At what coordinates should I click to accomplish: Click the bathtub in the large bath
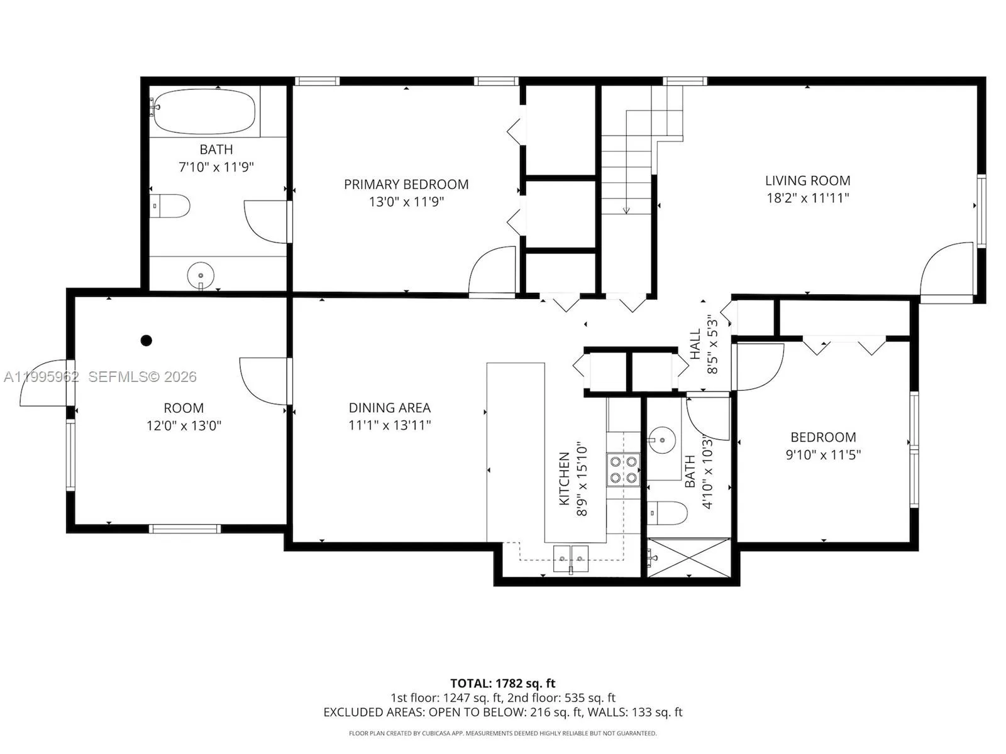[x=204, y=111]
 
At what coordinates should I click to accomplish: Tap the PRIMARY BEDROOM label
[x=406, y=184]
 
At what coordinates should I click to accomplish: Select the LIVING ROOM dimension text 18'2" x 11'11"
[x=807, y=198]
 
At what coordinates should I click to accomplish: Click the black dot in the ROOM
[x=146, y=341]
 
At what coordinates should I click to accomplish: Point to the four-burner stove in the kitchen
[x=623, y=469]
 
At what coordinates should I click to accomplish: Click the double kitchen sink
[x=571, y=559]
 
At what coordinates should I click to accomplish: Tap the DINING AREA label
[x=389, y=408]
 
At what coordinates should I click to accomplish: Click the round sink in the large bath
[x=201, y=275]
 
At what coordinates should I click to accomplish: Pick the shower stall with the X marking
[x=689, y=557]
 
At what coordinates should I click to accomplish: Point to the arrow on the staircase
[x=626, y=209]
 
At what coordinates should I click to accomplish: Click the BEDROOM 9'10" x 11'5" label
[x=822, y=437]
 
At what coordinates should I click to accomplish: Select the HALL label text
[x=695, y=344]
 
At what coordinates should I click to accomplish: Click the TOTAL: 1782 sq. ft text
[x=502, y=683]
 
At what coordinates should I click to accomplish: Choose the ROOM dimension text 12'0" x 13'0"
[x=184, y=425]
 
